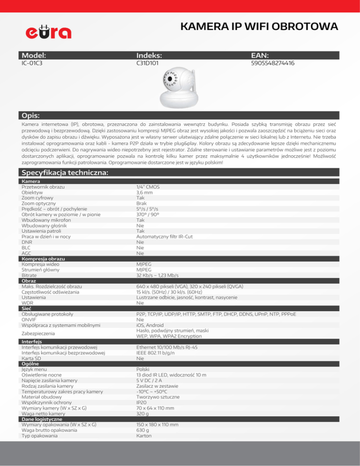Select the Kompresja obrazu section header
coord(43,259)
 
